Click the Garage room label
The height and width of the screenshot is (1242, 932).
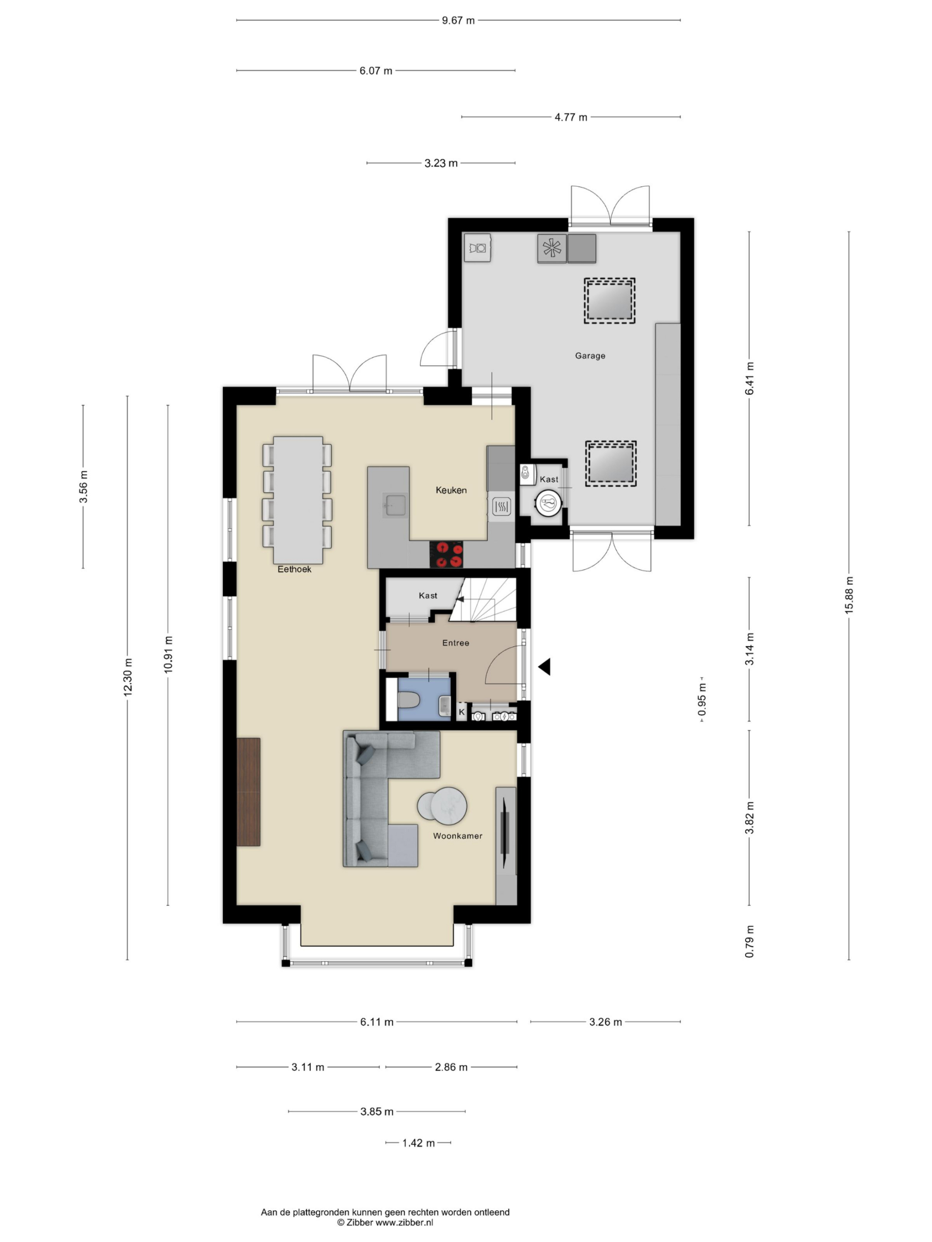coord(589,356)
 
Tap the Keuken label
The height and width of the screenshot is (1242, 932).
coord(451,490)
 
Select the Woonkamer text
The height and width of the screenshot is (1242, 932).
coord(457,835)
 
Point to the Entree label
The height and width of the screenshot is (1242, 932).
coord(455,643)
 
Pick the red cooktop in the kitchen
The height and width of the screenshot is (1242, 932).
coord(446,554)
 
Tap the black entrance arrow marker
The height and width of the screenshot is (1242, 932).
coord(544,667)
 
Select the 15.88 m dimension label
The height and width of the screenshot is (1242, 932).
coord(849,595)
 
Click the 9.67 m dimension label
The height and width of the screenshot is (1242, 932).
coord(458,21)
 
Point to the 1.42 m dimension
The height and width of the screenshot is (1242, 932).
coord(418,1143)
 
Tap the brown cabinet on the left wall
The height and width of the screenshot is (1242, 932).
coord(249,792)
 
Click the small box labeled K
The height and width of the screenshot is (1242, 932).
coord(462,712)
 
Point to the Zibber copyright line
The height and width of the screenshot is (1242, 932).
coord(385,1222)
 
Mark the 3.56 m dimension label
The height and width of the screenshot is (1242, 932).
coord(83,487)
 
